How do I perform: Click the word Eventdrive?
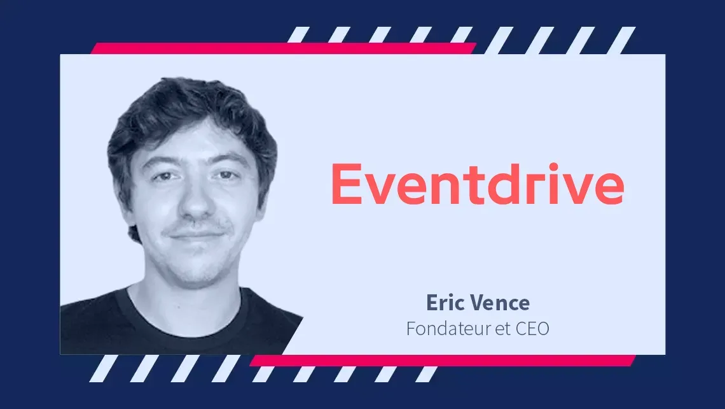pyautogui.click(x=478, y=183)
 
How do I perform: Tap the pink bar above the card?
pyautogui.click(x=283, y=48)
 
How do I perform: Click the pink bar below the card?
pyautogui.click(x=443, y=361)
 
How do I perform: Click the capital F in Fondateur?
pyautogui.click(x=411, y=328)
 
